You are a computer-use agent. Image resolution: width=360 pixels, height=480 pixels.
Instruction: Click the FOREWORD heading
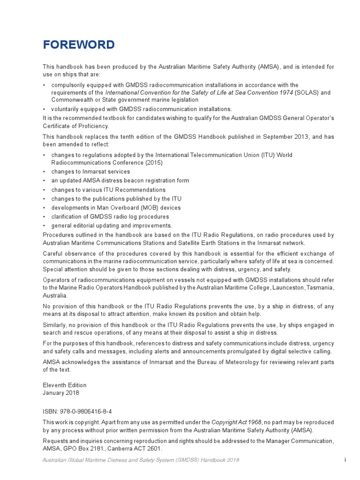(x=79, y=45)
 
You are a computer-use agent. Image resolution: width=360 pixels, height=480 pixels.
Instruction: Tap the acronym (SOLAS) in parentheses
(x=307, y=92)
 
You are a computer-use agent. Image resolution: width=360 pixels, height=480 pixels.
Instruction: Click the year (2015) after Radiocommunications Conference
(x=155, y=163)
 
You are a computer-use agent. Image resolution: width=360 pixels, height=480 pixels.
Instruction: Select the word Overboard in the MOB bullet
(x=125, y=208)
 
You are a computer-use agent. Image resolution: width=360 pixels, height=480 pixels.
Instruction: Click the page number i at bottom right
(x=344, y=461)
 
